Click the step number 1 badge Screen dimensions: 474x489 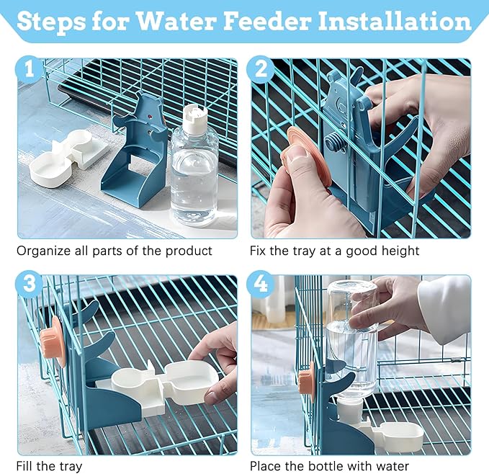pos(29,71)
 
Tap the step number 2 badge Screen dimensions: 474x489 pos(260,71)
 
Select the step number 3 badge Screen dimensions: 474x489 pos(29,284)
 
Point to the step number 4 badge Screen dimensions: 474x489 pos(260,284)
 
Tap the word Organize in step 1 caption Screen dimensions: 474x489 pos(42,251)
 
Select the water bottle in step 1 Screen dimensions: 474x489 pos(194,173)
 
